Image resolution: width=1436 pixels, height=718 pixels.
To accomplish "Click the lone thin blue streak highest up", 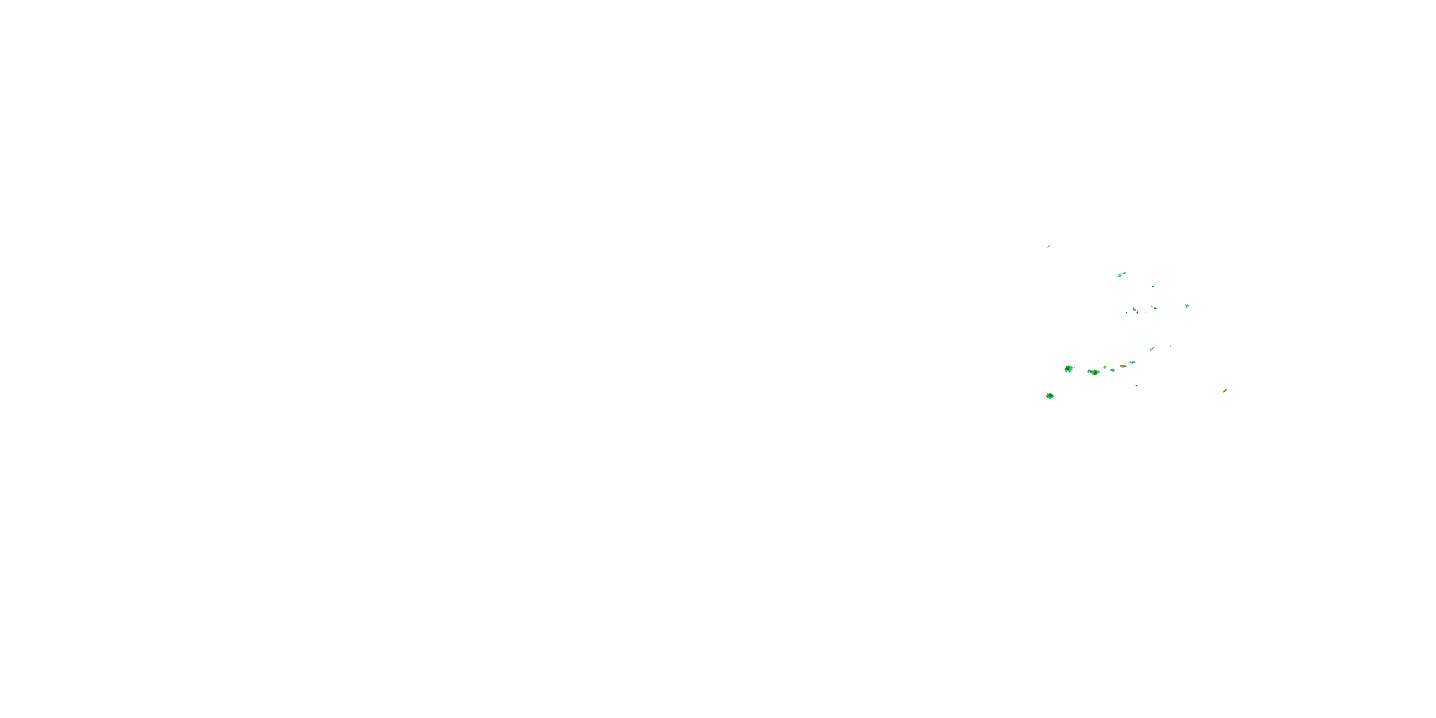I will coord(1049,246).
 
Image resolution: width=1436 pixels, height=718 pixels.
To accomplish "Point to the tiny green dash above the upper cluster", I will coord(1154,287).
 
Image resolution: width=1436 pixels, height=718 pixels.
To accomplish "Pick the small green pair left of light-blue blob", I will coord(1155,308).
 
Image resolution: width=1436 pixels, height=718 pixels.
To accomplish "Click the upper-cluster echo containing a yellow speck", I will coord(1134,309).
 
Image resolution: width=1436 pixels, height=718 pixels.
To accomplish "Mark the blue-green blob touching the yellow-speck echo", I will coord(1138,312).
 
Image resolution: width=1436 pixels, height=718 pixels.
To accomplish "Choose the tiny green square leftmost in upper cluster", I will coord(1127,313).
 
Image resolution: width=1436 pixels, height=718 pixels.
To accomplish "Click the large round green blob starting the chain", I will coord(1069,369).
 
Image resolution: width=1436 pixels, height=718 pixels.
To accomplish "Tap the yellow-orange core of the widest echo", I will coord(1093,372).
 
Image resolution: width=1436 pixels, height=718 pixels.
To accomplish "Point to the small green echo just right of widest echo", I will coord(1105,367).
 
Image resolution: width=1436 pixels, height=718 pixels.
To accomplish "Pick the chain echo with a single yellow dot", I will coord(1122,366).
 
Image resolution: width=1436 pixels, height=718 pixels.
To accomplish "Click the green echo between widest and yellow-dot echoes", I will coord(1113,370).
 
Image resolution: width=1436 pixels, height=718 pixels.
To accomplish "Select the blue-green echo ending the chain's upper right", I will coord(1133,362).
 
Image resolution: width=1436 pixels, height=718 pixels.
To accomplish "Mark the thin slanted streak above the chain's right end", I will coord(1152,349).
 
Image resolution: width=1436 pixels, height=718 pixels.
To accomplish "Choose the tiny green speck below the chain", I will coord(1137,386).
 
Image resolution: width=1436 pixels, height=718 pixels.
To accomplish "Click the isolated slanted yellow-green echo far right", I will coord(1225,390).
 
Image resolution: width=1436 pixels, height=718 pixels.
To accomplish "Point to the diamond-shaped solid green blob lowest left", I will coord(1050,396).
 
